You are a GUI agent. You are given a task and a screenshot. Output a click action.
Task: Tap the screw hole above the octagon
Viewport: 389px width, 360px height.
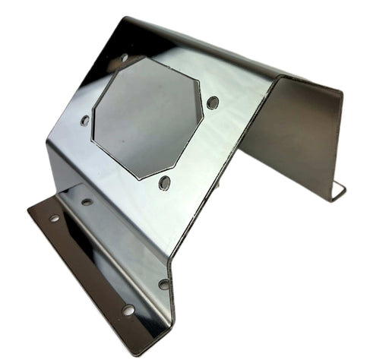(x=125, y=57)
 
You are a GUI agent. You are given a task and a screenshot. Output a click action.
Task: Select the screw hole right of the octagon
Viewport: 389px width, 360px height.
(x=213, y=102)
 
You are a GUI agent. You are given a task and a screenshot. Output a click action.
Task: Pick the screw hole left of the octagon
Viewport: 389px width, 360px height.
(x=85, y=120)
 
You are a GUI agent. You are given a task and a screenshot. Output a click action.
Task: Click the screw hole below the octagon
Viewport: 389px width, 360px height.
(x=164, y=182)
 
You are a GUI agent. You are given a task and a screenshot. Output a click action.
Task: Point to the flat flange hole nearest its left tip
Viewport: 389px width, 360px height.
(x=54, y=218)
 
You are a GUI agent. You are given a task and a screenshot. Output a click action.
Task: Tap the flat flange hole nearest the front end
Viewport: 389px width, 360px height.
(x=128, y=310)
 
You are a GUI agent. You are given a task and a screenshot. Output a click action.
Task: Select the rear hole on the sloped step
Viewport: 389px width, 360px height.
(x=87, y=201)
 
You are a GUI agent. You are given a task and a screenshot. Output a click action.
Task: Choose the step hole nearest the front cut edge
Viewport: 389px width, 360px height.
(x=163, y=284)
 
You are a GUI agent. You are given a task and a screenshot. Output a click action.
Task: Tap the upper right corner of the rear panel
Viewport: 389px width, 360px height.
(x=341, y=94)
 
